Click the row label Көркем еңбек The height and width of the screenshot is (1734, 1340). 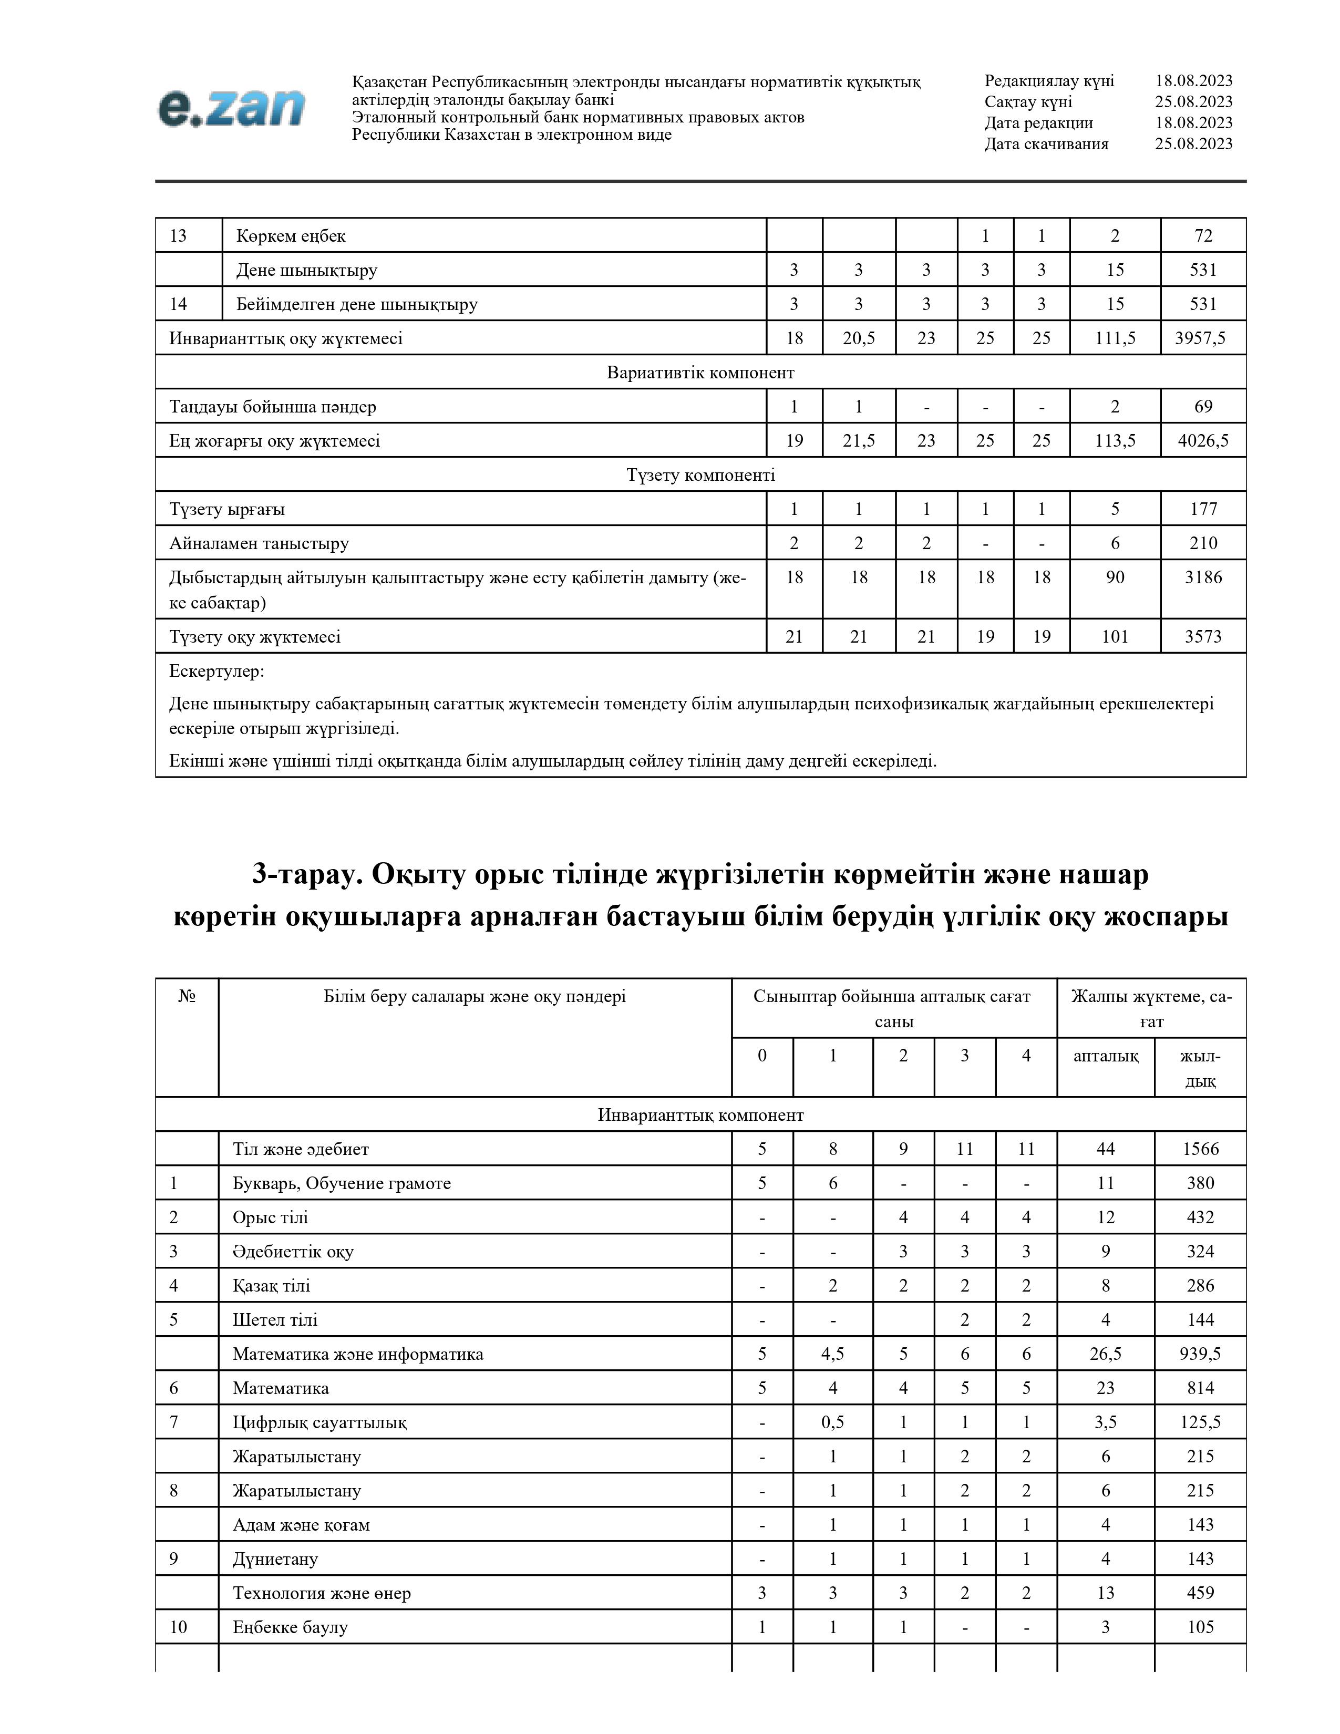point(291,236)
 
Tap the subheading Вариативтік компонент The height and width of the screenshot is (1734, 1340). point(700,373)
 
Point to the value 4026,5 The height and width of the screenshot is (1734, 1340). point(1203,441)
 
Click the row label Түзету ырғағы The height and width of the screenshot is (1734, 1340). point(227,509)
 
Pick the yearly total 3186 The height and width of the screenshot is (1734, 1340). point(1203,577)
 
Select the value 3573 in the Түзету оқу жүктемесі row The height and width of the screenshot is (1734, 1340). point(1203,636)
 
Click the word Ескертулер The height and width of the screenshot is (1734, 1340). point(216,671)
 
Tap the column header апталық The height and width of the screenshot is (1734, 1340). point(1105,1055)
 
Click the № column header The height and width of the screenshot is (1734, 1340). point(187,996)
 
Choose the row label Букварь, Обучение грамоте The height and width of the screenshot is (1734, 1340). point(342,1183)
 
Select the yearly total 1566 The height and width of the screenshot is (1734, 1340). point(1200,1149)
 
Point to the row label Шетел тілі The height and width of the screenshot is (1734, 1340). point(275,1319)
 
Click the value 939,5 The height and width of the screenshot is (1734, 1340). point(1200,1354)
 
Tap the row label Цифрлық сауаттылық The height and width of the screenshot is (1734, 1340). point(319,1422)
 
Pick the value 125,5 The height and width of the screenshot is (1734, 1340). point(1200,1422)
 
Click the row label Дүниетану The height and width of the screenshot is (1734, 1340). point(275,1558)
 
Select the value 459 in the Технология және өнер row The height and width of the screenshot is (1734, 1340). point(1200,1593)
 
